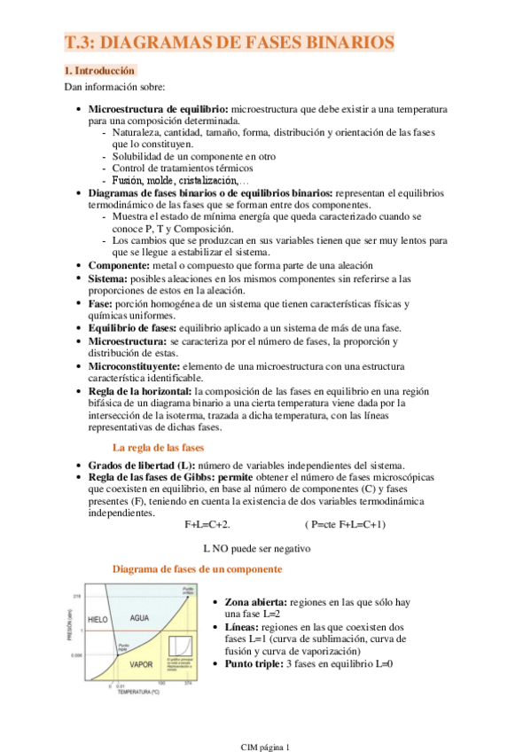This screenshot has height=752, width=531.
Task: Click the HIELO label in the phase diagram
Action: (98, 618)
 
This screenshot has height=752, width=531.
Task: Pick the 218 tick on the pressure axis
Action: (77, 596)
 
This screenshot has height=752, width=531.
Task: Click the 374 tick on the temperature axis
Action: (188, 684)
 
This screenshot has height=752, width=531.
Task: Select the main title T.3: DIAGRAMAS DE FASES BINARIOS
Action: (229, 43)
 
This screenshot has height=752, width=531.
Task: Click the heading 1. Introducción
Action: (100, 69)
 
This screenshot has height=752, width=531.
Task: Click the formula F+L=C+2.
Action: (207, 525)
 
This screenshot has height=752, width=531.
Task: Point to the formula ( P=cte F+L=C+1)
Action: (344, 525)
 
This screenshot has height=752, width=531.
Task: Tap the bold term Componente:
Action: (122, 266)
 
